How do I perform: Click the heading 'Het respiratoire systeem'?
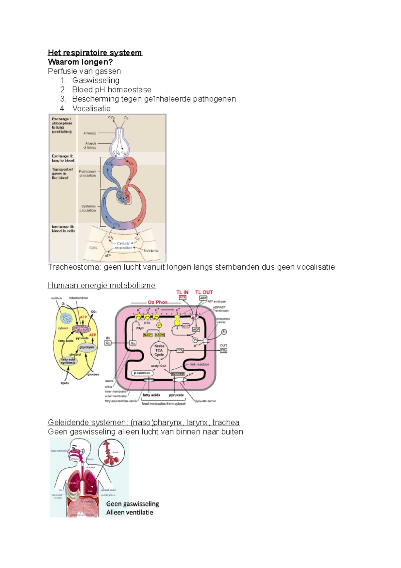[95, 53]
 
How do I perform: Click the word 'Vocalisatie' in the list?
[91, 108]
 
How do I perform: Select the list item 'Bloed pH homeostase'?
[112, 90]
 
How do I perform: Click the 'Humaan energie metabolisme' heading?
[102, 285]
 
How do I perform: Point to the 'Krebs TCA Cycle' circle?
[159, 350]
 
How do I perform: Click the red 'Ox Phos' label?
[158, 302]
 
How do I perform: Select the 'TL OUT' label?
[204, 292]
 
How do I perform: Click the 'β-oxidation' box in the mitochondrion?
[142, 373]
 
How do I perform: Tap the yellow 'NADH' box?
[159, 335]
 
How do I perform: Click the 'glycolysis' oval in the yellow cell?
[87, 347]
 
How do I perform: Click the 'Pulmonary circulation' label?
[88, 173]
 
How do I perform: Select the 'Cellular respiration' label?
[123, 246]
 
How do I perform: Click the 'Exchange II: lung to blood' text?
[63, 158]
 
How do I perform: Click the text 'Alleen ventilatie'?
[130, 512]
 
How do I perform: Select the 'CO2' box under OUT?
[224, 351]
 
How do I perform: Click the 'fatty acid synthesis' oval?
[68, 361]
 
